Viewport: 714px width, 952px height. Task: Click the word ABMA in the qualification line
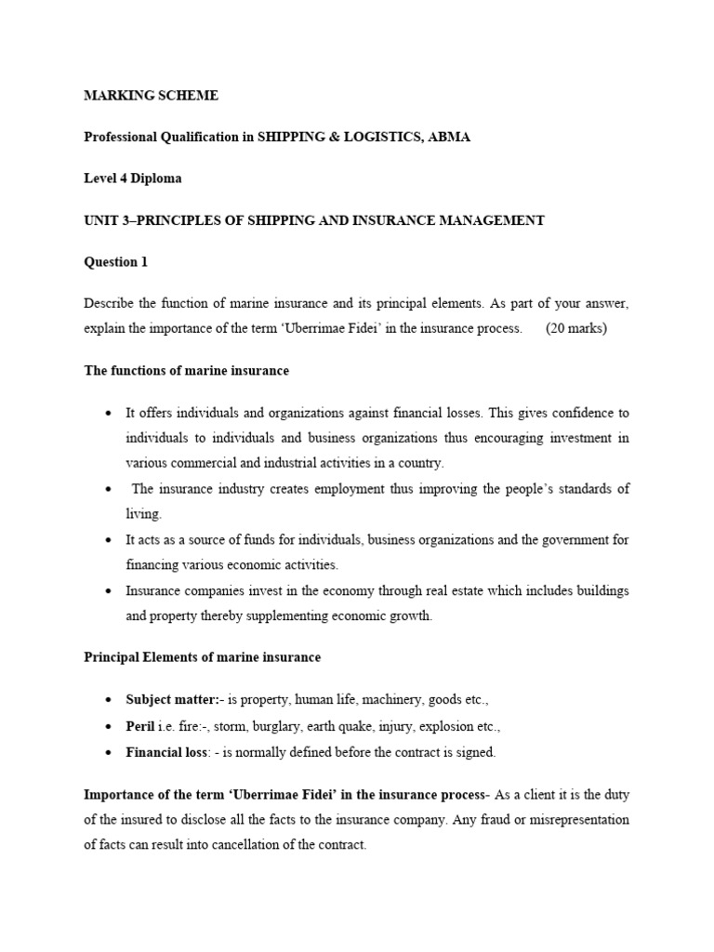coord(448,137)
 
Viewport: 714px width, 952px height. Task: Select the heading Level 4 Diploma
coord(133,178)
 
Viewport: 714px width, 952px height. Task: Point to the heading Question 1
coord(116,262)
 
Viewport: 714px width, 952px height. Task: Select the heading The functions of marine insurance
coord(187,370)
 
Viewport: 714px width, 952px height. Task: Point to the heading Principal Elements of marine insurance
coord(203,656)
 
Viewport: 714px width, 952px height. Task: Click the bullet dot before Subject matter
coord(110,699)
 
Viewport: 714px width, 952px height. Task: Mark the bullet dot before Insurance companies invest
coord(110,590)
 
